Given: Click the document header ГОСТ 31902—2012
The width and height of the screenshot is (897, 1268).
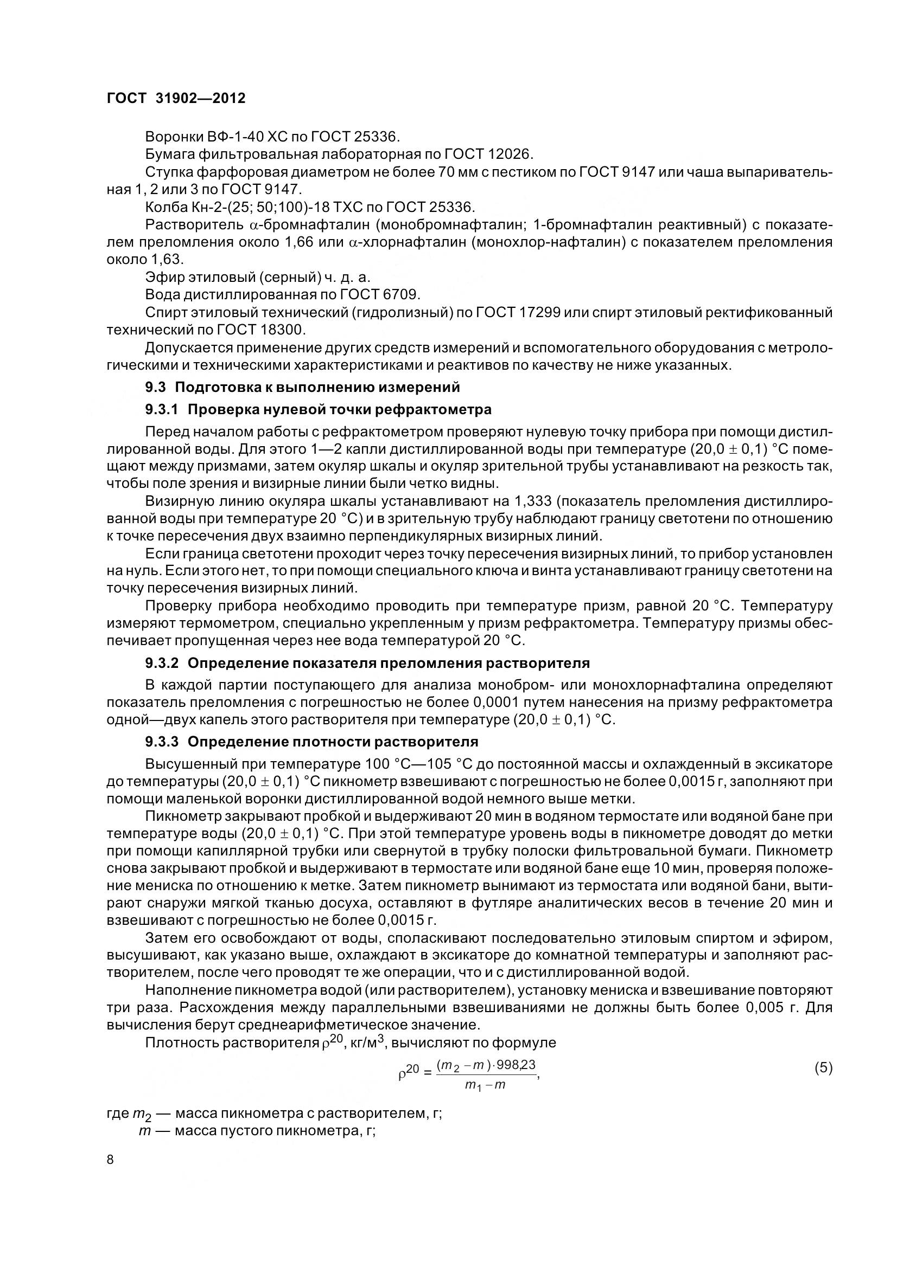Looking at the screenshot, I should point(176,98).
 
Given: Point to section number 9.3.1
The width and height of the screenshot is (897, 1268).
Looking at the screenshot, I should point(161,410).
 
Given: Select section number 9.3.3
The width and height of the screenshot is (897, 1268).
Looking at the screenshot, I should point(161,741).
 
